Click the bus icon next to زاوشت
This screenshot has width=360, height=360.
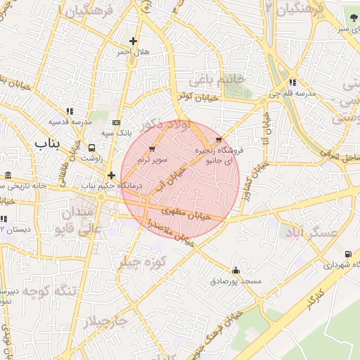(92, 148)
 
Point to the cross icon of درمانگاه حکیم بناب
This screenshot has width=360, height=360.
(111, 174)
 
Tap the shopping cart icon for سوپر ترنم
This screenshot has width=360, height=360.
(153, 149)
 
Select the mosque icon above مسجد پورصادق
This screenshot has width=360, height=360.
(235, 270)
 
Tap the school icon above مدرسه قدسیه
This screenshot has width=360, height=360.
(70, 110)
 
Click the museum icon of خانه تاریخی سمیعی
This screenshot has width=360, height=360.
(8, 175)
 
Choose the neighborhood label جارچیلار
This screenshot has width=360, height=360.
(106, 322)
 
